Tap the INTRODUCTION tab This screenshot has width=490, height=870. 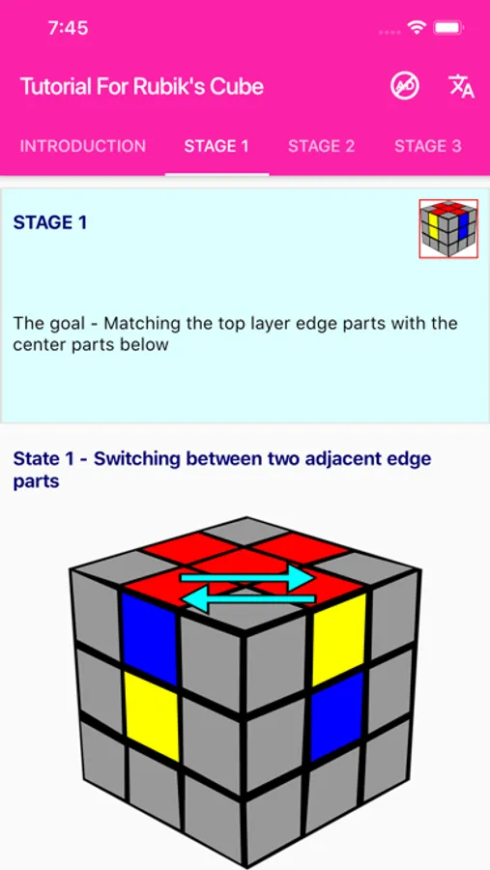83,146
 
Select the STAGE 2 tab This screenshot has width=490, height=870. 321,146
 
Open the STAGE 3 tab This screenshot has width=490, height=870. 427,146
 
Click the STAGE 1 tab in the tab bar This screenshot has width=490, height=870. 216,146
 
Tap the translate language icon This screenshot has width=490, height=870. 461,86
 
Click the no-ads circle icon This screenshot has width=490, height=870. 405,86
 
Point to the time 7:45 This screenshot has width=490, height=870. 68,28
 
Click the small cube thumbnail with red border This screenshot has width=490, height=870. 448,228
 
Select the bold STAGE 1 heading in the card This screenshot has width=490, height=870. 50,222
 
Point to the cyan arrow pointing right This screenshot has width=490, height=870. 247,578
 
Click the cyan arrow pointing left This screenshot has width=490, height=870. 248,599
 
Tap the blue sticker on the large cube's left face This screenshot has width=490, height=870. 149,639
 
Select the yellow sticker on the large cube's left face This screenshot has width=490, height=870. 153,715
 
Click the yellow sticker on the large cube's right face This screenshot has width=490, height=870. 338,639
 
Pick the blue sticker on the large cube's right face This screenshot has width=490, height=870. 336,716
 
